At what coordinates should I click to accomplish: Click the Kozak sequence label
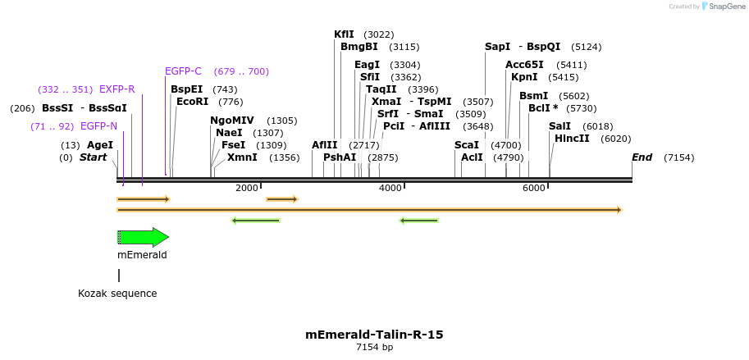pos(117,294)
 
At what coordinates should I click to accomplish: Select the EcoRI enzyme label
pos(193,102)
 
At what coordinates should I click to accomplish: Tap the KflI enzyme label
pos(344,34)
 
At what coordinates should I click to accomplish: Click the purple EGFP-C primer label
pos(183,71)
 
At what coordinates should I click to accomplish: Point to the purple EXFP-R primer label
pos(116,89)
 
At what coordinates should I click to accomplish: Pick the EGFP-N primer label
pos(98,126)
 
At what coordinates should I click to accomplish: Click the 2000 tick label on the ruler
pos(246,189)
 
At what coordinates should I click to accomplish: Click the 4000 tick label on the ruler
pos(390,189)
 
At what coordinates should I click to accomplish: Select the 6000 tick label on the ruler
pos(533,189)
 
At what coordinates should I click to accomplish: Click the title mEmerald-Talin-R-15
pos(374,335)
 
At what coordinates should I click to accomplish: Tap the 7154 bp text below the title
pos(374,348)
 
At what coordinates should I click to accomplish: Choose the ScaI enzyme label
pos(466,145)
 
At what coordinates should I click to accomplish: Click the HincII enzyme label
pos(572,139)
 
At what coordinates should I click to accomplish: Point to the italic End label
pos(642,157)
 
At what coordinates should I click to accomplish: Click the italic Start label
pos(93,157)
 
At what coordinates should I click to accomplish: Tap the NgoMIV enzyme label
pos(232,121)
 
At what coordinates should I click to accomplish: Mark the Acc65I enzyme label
pos(524,65)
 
